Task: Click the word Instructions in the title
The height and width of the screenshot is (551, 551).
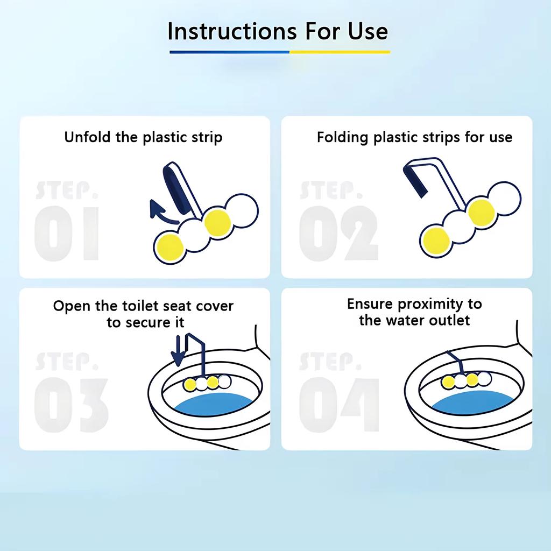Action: tap(232, 31)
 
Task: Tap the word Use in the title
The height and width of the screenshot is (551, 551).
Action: tap(368, 31)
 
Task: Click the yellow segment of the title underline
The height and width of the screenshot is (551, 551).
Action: tap(340, 52)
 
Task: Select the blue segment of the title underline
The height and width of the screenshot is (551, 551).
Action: tap(229, 52)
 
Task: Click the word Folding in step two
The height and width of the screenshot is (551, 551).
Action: tap(343, 137)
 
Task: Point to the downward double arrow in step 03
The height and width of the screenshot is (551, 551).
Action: tap(179, 350)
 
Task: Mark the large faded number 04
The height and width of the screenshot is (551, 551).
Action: tap(339, 405)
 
